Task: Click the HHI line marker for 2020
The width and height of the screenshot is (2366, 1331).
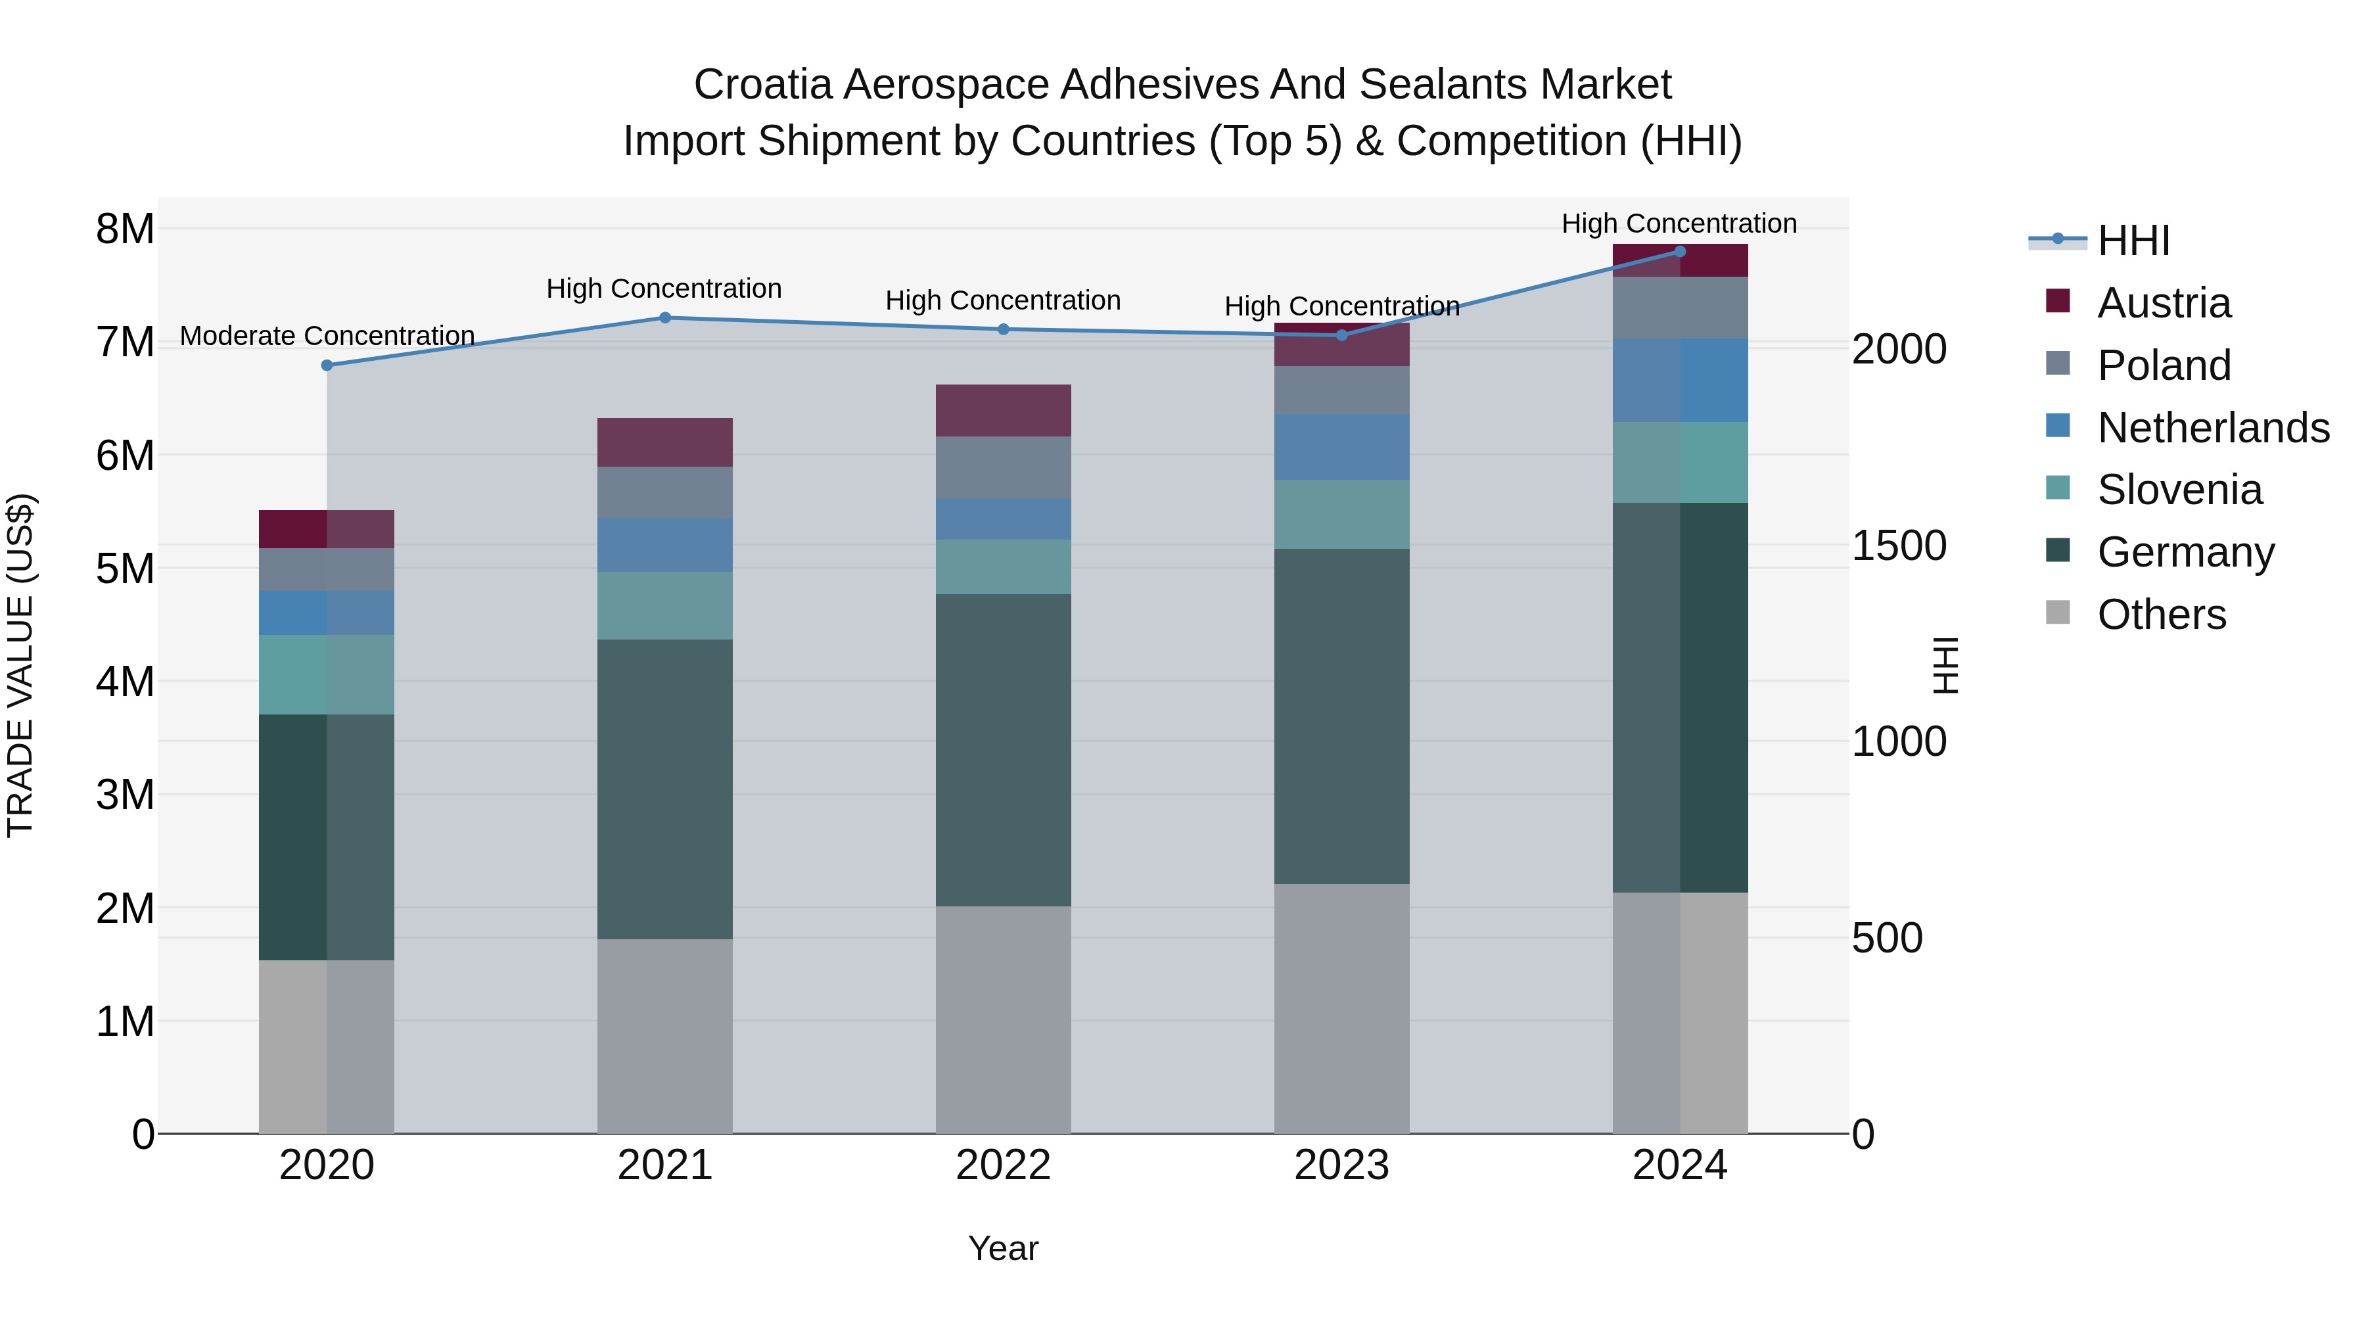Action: coord(327,365)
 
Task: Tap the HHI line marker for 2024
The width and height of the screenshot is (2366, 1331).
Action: coord(1680,252)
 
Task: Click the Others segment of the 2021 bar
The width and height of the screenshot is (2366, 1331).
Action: coord(665,1036)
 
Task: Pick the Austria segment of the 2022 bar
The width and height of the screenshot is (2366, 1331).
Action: coord(1003,411)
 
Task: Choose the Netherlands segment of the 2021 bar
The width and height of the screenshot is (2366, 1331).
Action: coord(665,545)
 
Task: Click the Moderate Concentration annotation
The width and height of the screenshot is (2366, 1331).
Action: coord(327,336)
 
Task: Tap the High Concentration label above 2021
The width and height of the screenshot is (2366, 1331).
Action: coord(664,289)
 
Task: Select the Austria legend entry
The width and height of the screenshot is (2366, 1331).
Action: coord(2163,303)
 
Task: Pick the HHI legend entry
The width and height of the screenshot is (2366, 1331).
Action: coord(2133,241)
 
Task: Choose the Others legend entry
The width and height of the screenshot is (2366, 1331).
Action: coord(2161,615)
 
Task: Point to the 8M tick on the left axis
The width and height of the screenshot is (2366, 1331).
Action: coord(125,229)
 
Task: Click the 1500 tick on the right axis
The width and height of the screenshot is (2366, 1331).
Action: coord(1897,546)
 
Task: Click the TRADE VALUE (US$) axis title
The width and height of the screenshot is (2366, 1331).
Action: coord(20,665)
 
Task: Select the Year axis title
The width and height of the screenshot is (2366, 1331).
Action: coord(1003,1248)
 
